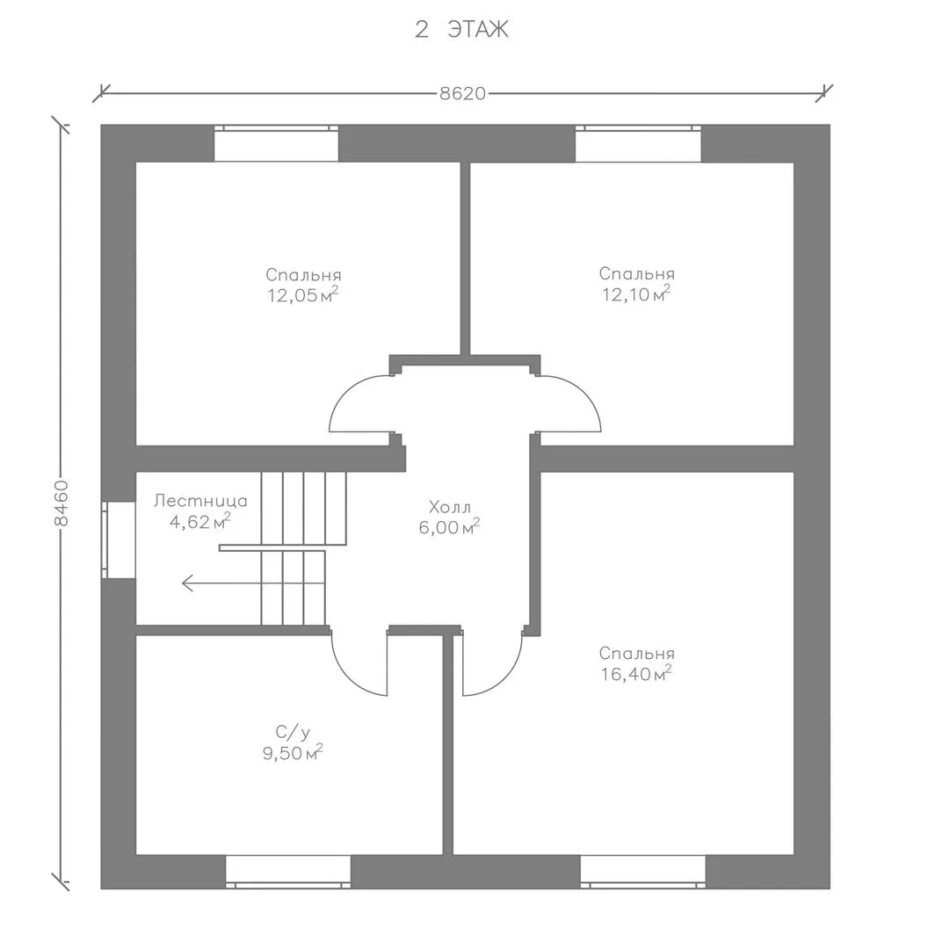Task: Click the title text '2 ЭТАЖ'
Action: point(461,29)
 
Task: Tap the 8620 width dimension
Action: point(462,94)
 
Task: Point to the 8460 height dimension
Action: point(61,503)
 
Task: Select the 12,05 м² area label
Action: point(302,294)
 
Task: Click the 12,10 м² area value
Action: point(636,293)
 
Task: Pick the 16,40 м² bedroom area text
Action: point(636,673)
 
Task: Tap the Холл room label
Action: point(450,507)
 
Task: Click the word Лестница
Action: point(200,501)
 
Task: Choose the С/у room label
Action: point(293,732)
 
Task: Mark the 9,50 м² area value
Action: point(293,753)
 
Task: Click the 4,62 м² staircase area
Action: point(199,521)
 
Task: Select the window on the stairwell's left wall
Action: point(118,540)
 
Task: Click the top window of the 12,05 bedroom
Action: point(276,143)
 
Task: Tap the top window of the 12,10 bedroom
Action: point(638,143)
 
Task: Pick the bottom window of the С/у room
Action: point(288,872)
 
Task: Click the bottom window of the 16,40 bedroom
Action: point(642,872)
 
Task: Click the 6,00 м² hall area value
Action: point(450,527)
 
